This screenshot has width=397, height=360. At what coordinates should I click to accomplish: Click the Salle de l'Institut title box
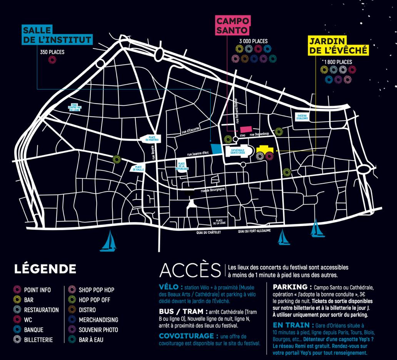(x=57, y=35)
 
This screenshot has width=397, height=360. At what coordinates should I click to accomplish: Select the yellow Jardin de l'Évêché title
(x=339, y=45)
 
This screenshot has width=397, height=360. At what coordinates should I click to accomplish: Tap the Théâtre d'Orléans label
(x=302, y=117)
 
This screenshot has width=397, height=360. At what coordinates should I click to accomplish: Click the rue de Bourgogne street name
(x=209, y=189)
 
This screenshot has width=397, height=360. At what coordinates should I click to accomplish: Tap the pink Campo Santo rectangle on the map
(x=245, y=131)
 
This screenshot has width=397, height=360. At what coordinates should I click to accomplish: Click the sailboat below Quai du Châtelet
(x=108, y=242)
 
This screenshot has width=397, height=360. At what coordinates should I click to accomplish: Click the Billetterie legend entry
(x=38, y=340)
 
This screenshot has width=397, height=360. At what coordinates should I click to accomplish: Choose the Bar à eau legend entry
(x=91, y=340)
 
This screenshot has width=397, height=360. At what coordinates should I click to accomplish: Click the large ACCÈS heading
(x=190, y=270)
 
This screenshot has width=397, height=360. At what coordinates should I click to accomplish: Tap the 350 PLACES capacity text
(x=52, y=52)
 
